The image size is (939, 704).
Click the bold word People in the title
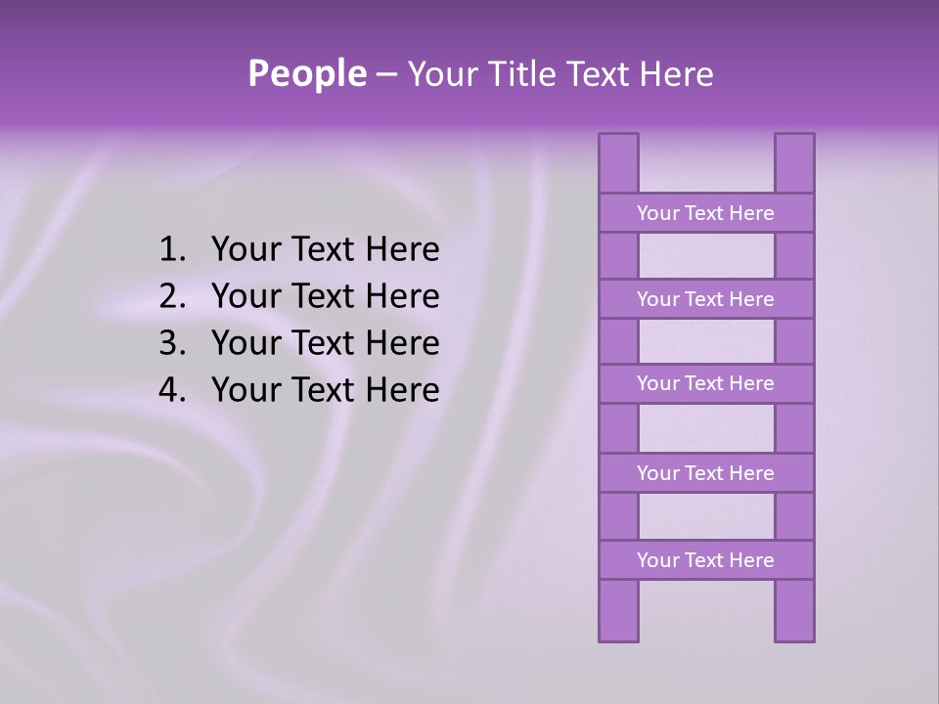306,74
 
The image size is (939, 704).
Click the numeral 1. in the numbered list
172,250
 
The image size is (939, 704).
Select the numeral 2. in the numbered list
172,297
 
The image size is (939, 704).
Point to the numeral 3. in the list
172,344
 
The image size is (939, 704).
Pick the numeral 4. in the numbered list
172,391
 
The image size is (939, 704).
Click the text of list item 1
326,250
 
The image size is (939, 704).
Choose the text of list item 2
326,297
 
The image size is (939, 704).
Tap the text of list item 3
326,344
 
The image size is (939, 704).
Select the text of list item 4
326,391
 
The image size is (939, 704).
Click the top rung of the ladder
705,213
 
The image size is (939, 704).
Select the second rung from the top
705,299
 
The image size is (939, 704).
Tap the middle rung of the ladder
705,384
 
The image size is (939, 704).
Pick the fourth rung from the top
705,473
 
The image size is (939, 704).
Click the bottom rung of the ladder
705,560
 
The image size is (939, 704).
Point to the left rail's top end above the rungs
618,163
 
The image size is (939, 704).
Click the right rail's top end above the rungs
794,163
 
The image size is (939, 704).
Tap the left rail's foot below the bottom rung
618,611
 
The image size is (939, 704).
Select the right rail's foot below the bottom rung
794,611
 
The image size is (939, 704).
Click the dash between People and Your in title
385,75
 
